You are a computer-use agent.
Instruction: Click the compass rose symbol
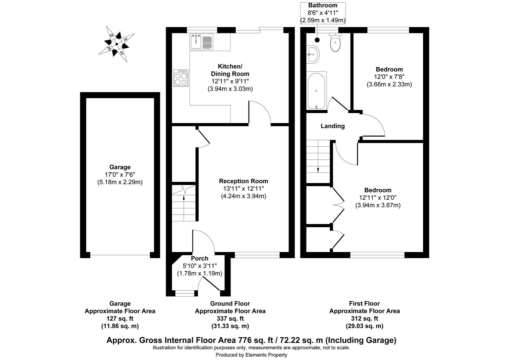click(117, 44)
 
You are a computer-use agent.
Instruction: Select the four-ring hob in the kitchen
click(181, 78)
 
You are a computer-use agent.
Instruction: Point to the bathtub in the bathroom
click(316, 91)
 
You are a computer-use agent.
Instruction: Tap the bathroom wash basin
click(313, 54)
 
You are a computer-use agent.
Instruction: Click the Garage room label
click(120, 167)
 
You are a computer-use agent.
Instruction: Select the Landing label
click(332, 126)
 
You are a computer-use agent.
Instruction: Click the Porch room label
click(200, 258)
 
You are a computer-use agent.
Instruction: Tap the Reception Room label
click(243, 181)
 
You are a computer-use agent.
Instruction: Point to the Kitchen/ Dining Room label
click(230, 70)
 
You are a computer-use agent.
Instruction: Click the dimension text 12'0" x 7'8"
click(389, 77)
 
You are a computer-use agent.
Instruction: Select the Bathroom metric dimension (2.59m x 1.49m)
click(323, 20)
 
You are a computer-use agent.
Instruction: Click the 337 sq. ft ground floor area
click(230, 318)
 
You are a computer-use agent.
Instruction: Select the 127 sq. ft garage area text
click(120, 318)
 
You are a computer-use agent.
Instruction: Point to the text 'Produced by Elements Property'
click(251, 355)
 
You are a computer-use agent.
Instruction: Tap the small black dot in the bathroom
click(317, 40)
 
